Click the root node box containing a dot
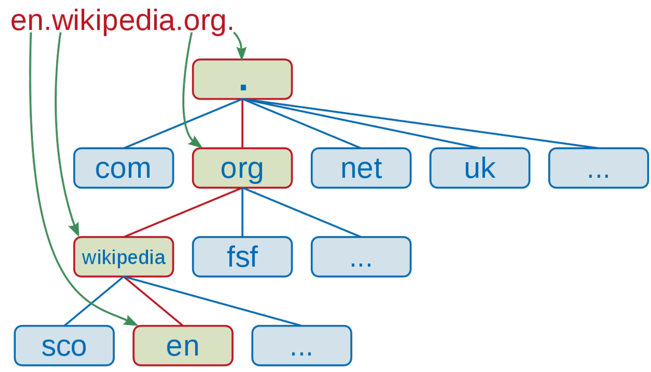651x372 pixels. point(242,79)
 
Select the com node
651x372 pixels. point(124,168)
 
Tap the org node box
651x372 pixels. point(242,168)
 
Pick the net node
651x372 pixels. point(361,168)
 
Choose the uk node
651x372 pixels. point(480,168)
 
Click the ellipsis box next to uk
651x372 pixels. point(598,168)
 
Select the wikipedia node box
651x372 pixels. point(124,257)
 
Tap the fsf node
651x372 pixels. point(242,257)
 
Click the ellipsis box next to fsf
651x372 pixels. point(361,257)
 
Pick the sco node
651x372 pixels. point(64,345)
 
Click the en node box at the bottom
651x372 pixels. point(183,345)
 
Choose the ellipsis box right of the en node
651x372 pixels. point(301,345)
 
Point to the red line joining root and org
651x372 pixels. point(242,123)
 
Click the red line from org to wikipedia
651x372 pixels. point(183,212)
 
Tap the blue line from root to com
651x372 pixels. point(183,123)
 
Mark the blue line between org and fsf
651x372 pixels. point(242,212)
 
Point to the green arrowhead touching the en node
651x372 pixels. point(132,321)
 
